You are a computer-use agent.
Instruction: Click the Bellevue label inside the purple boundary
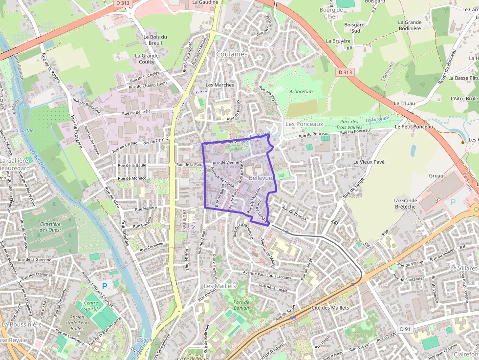pyautogui.click(x=260, y=178)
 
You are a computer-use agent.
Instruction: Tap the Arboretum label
pyautogui.click(x=301, y=92)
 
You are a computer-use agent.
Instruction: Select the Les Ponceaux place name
pyautogui.click(x=304, y=125)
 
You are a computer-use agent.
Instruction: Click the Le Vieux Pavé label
pyautogui.click(x=370, y=162)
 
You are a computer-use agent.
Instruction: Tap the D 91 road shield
pyautogui.click(x=405, y=329)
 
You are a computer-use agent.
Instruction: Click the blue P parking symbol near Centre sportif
pyautogui.click(x=104, y=286)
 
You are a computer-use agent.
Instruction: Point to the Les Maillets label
pyautogui.click(x=219, y=286)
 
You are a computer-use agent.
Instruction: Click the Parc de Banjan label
pyautogui.click(x=241, y=305)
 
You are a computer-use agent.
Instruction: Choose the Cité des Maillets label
pyautogui.click(x=330, y=308)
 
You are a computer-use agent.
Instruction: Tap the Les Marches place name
pyautogui.click(x=219, y=85)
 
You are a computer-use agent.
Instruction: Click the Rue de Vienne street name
pyautogui.click(x=225, y=163)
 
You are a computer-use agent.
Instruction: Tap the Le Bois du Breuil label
pyautogui.click(x=155, y=40)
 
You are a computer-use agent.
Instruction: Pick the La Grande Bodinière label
pyautogui.click(x=409, y=25)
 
